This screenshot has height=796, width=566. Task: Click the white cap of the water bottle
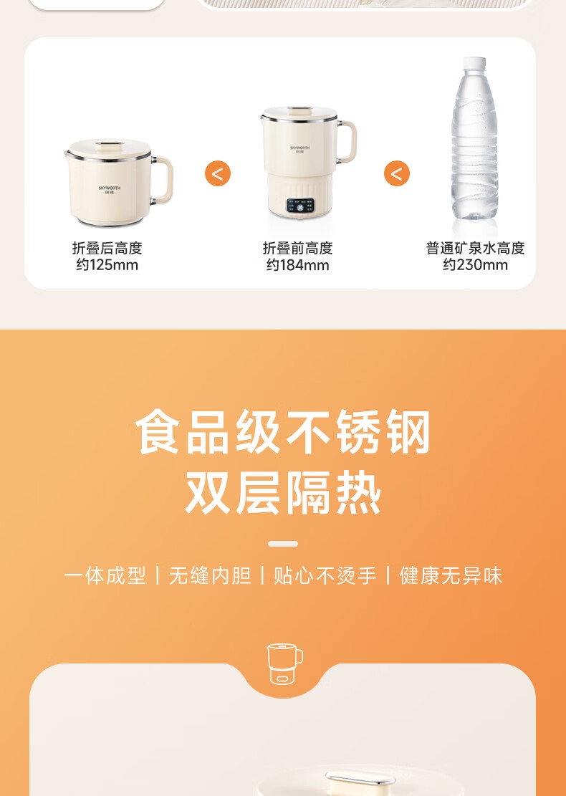pos(474,64)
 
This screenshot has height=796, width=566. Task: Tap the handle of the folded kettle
pos(163,180)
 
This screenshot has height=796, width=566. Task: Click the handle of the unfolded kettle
pos(347,140)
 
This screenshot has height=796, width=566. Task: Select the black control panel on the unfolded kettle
pos(300,206)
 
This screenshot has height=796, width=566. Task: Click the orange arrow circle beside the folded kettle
pos(218,173)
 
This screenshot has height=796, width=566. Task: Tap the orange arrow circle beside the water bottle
pos(397,173)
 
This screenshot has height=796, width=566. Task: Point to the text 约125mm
pos(107,265)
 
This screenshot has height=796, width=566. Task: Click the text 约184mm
pos(298,265)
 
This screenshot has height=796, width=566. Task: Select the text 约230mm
pos(475,265)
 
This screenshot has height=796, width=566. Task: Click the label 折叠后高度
pos(107,248)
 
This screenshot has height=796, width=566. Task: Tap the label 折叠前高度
pos(298,248)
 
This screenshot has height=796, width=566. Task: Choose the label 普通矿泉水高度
pos(475,248)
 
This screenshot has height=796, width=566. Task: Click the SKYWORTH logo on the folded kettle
pos(110,189)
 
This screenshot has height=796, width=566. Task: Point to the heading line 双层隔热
pos(283,493)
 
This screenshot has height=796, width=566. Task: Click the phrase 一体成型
pos(105,576)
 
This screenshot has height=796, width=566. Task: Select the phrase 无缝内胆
pos(210,576)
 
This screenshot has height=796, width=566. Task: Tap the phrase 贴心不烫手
pos(325,576)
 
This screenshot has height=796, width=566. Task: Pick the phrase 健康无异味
pos(451,576)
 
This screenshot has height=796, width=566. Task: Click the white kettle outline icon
pos(284,664)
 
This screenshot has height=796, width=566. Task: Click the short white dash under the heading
pos(283,544)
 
